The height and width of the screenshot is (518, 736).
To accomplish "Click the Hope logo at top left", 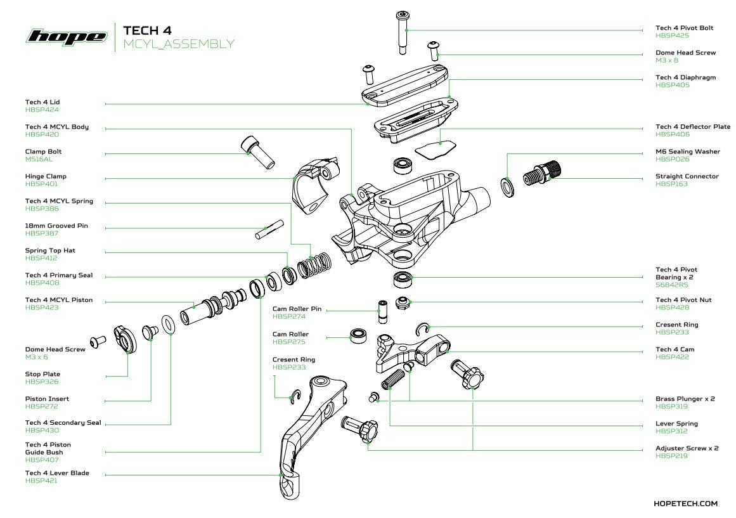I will [x=66, y=36].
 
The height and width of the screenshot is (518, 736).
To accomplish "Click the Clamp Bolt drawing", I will [x=257, y=152].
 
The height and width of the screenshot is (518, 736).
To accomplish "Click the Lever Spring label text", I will [x=676, y=424].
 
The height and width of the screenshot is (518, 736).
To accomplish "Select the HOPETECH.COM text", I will [x=685, y=503].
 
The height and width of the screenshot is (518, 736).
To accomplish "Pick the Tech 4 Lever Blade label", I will [x=57, y=473].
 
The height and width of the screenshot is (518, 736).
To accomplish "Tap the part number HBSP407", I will [x=42, y=460].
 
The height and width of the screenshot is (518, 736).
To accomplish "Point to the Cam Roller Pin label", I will [x=297, y=309].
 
